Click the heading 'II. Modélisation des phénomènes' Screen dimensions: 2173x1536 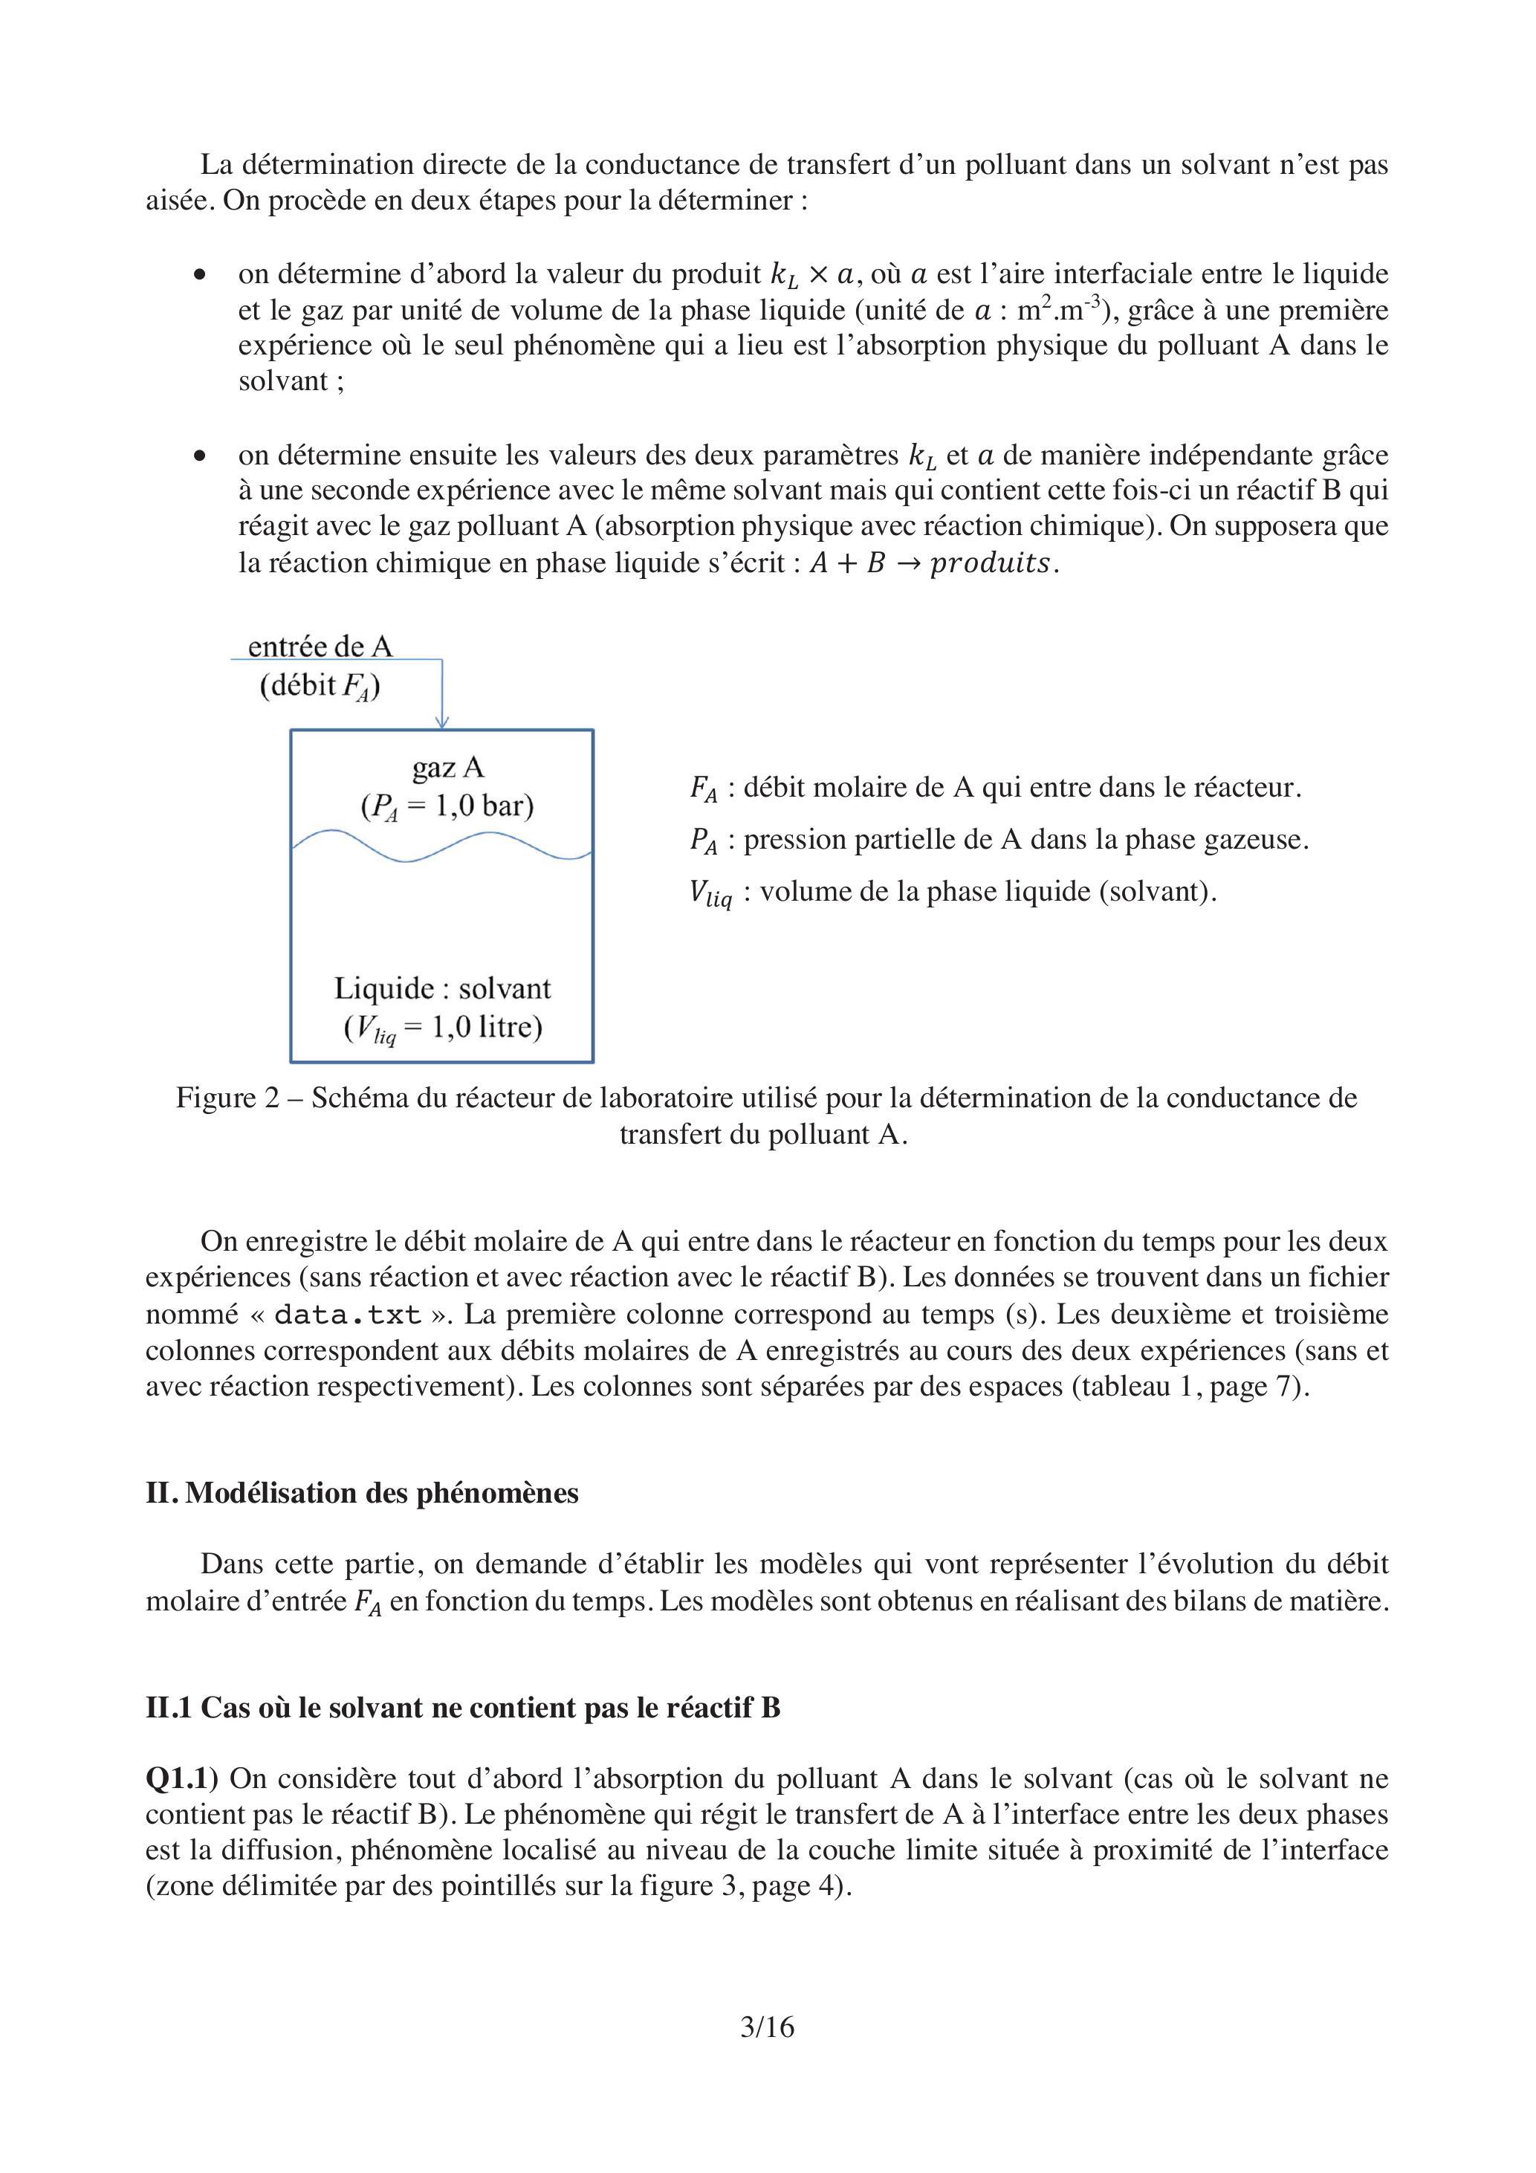[x=362, y=1492]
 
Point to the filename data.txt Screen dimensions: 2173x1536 [x=347, y=1315]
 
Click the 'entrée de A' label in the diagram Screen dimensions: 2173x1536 [x=320, y=647]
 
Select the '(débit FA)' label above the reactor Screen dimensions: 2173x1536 [x=320, y=685]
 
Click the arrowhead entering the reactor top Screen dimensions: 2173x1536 [x=442, y=722]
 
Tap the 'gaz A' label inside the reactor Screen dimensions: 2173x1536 [x=447, y=767]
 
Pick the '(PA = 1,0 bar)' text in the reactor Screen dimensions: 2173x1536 [x=447, y=806]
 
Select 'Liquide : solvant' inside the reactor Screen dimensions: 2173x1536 [x=442, y=988]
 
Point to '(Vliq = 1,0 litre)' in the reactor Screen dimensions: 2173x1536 [x=442, y=1028]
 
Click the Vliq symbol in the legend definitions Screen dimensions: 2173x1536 [x=710, y=893]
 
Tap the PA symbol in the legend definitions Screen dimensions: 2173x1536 [x=703, y=841]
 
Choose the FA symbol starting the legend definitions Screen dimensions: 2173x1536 [x=703, y=788]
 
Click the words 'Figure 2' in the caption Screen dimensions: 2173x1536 [x=228, y=1098]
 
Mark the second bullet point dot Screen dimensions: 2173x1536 [x=198, y=456]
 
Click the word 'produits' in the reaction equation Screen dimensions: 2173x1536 [x=990, y=563]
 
